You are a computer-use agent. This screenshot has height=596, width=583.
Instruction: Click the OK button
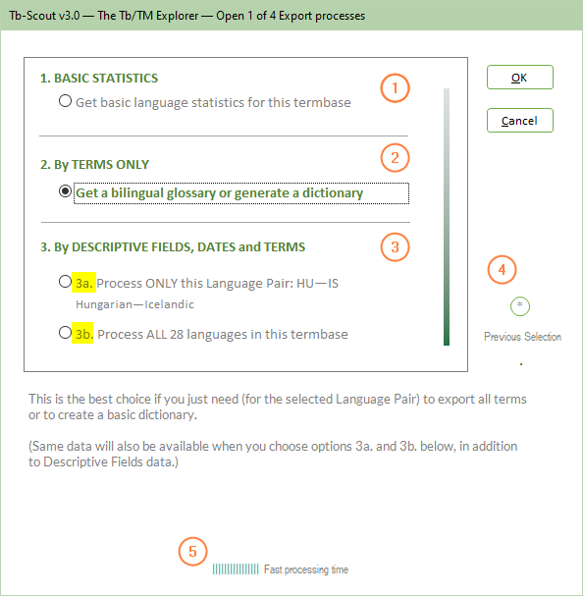pyautogui.click(x=520, y=78)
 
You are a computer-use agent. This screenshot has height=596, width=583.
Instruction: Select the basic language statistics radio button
pyautogui.click(x=65, y=101)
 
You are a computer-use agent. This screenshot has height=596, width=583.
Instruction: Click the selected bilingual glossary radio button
pyautogui.click(x=65, y=191)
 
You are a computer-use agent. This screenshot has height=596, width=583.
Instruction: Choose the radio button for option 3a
pyautogui.click(x=65, y=282)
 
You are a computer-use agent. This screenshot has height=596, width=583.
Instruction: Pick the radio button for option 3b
pyautogui.click(x=65, y=333)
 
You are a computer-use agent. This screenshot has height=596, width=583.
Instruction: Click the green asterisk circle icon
pyautogui.click(x=520, y=306)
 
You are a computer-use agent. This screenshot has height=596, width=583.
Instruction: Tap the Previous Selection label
pyautogui.click(x=522, y=337)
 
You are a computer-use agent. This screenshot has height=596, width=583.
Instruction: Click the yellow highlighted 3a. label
pyautogui.click(x=83, y=283)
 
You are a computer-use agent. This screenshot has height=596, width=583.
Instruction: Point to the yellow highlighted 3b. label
pyautogui.click(x=82, y=334)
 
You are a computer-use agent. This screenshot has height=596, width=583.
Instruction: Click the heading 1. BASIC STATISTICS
pyautogui.click(x=99, y=78)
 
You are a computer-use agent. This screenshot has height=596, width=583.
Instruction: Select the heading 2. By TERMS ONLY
pyautogui.click(x=94, y=165)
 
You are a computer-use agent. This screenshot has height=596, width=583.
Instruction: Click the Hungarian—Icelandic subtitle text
pyautogui.click(x=134, y=304)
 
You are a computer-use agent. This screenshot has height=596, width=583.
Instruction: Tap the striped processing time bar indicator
pyautogui.click(x=236, y=569)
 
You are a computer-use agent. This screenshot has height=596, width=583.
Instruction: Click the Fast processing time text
pyautogui.click(x=306, y=569)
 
